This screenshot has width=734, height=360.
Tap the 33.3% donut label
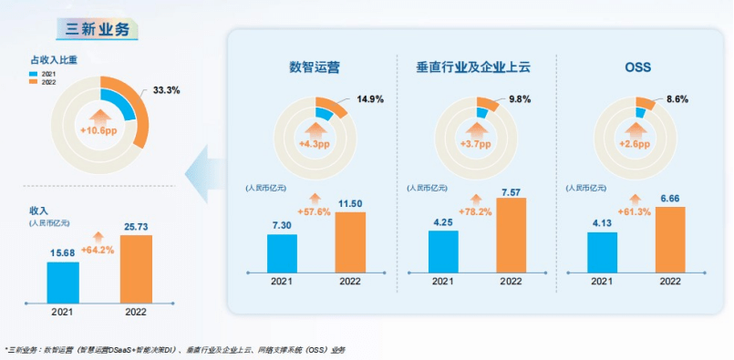(x=166, y=90)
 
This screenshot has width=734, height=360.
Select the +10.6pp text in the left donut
(x=99, y=131)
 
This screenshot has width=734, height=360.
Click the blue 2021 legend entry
(x=42, y=73)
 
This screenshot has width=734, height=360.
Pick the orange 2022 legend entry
(x=42, y=81)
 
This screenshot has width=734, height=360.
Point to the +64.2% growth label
(x=98, y=250)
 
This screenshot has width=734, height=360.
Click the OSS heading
(x=638, y=67)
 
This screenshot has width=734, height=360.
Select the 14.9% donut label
(x=371, y=99)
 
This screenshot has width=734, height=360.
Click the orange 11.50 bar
(x=351, y=242)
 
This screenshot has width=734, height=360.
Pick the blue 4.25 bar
(x=443, y=251)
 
